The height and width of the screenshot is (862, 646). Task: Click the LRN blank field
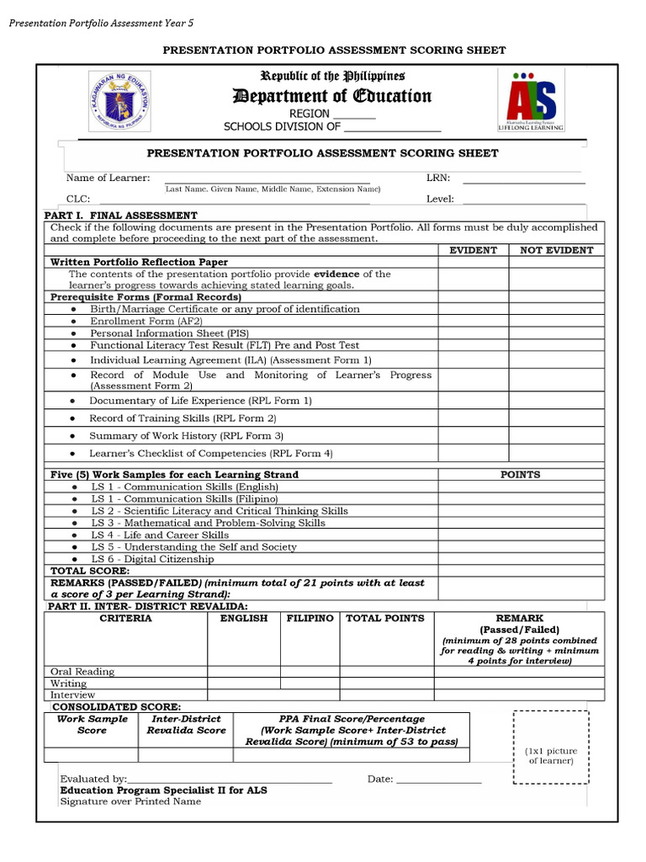tap(523, 178)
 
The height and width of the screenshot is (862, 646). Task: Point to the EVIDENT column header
tap(473, 250)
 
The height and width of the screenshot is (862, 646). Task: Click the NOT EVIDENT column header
tap(556, 250)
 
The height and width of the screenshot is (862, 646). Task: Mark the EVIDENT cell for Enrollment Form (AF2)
tap(473, 322)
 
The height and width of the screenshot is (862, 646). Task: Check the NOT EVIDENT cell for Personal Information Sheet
tap(556, 333)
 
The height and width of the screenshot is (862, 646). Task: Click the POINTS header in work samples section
tap(520, 475)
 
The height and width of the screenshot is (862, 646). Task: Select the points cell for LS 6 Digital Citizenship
tap(520, 559)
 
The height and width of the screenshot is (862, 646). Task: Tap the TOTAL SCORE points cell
tap(520, 571)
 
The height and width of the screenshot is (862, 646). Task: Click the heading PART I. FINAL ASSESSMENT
tap(120, 215)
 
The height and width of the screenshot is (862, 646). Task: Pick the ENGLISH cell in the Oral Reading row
tap(244, 672)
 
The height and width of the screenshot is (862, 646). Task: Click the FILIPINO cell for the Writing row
tap(310, 684)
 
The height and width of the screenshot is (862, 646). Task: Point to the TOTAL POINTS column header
tap(385, 619)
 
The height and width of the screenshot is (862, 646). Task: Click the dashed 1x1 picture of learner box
tap(551, 747)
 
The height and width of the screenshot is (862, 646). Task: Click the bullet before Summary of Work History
tap(72, 436)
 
